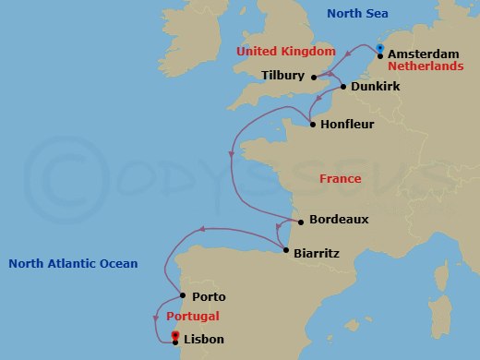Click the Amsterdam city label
(424, 54)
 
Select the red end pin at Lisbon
(175, 336)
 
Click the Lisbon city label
(204, 340)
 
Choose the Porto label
(208, 297)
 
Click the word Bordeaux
(339, 220)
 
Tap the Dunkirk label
(375, 88)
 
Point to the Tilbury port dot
(314, 77)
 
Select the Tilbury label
(282, 75)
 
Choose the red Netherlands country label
(425, 67)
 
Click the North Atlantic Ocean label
(73, 264)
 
